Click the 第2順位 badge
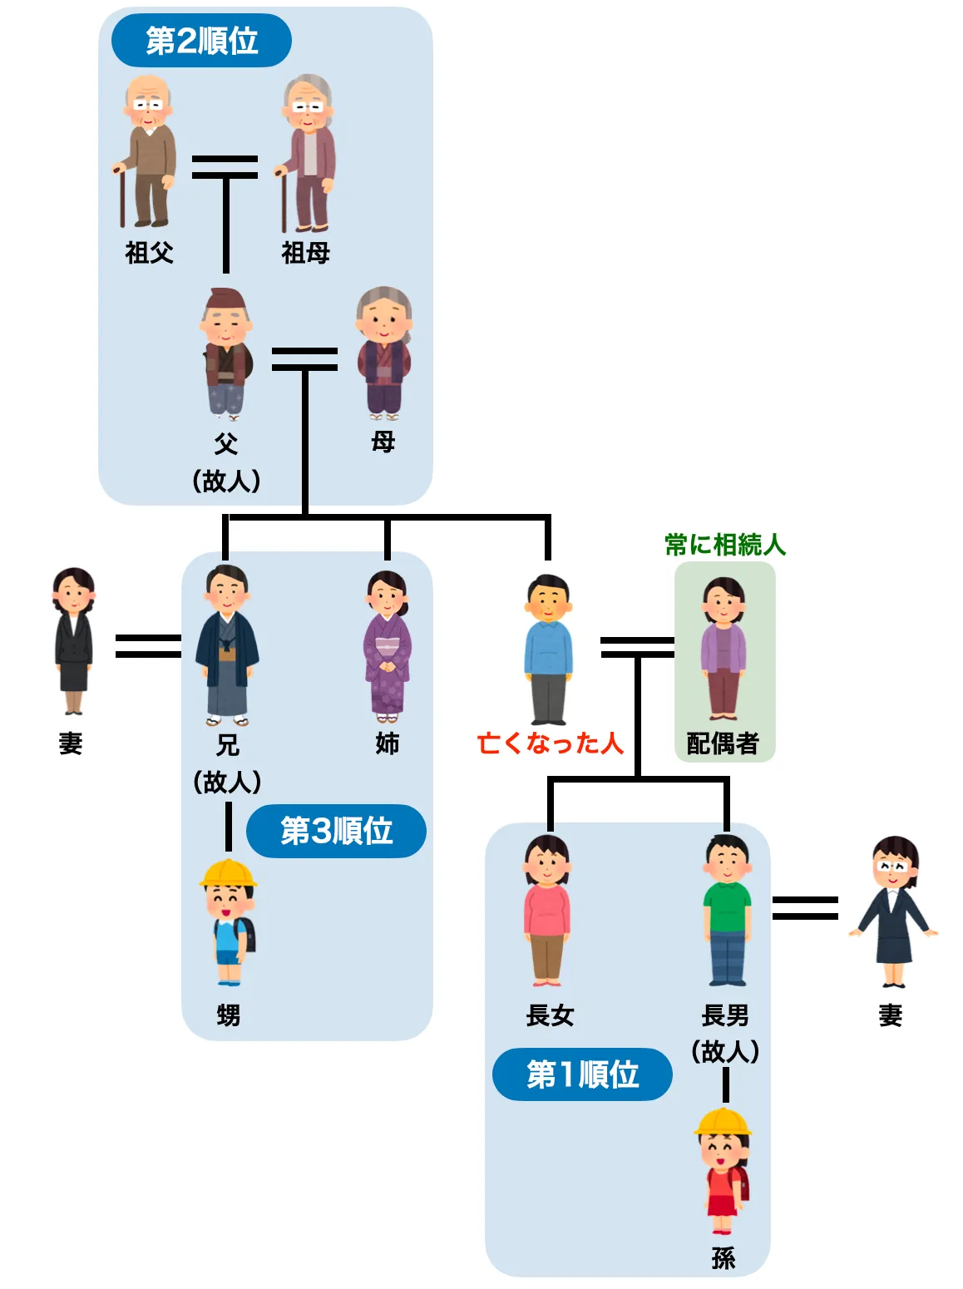(x=201, y=40)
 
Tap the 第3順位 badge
(x=336, y=831)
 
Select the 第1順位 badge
(x=582, y=1074)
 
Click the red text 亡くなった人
(x=550, y=743)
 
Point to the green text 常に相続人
(x=725, y=545)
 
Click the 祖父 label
(x=150, y=252)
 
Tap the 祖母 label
(x=305, y=252)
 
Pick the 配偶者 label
(x=723, y=743)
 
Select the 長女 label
(x=550, y=1015)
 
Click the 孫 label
(x=723, y=1257)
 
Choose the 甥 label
(x=228, y=1015)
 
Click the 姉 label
(x=388, y=743)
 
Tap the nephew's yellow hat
(x=227, y=873)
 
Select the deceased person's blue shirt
(x=548, y=649)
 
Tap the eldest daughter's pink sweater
(x=546, y=911)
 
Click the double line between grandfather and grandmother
(x=225, y=166)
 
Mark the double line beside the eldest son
(x=805, y=907)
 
